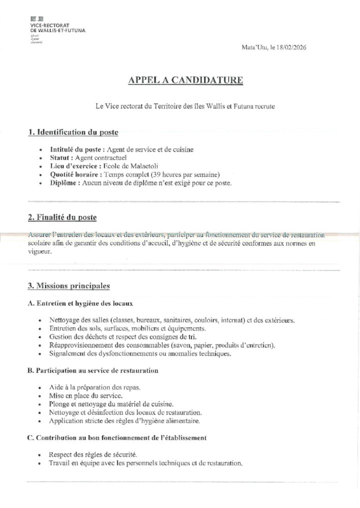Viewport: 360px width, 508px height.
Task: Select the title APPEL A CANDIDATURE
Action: coord(179,79)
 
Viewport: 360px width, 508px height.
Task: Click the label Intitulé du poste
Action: coord(77,149)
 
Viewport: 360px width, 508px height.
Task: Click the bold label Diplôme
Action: coord(63,182)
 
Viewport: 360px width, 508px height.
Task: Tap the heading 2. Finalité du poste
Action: coord(62,218)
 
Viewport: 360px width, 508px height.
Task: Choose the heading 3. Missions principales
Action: coord(69,286)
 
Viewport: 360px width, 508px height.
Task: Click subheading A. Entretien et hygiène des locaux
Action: coord(80,303)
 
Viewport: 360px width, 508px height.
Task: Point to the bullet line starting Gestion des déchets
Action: coord(122,337)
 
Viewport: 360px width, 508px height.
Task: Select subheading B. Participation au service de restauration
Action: coord(92,371)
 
